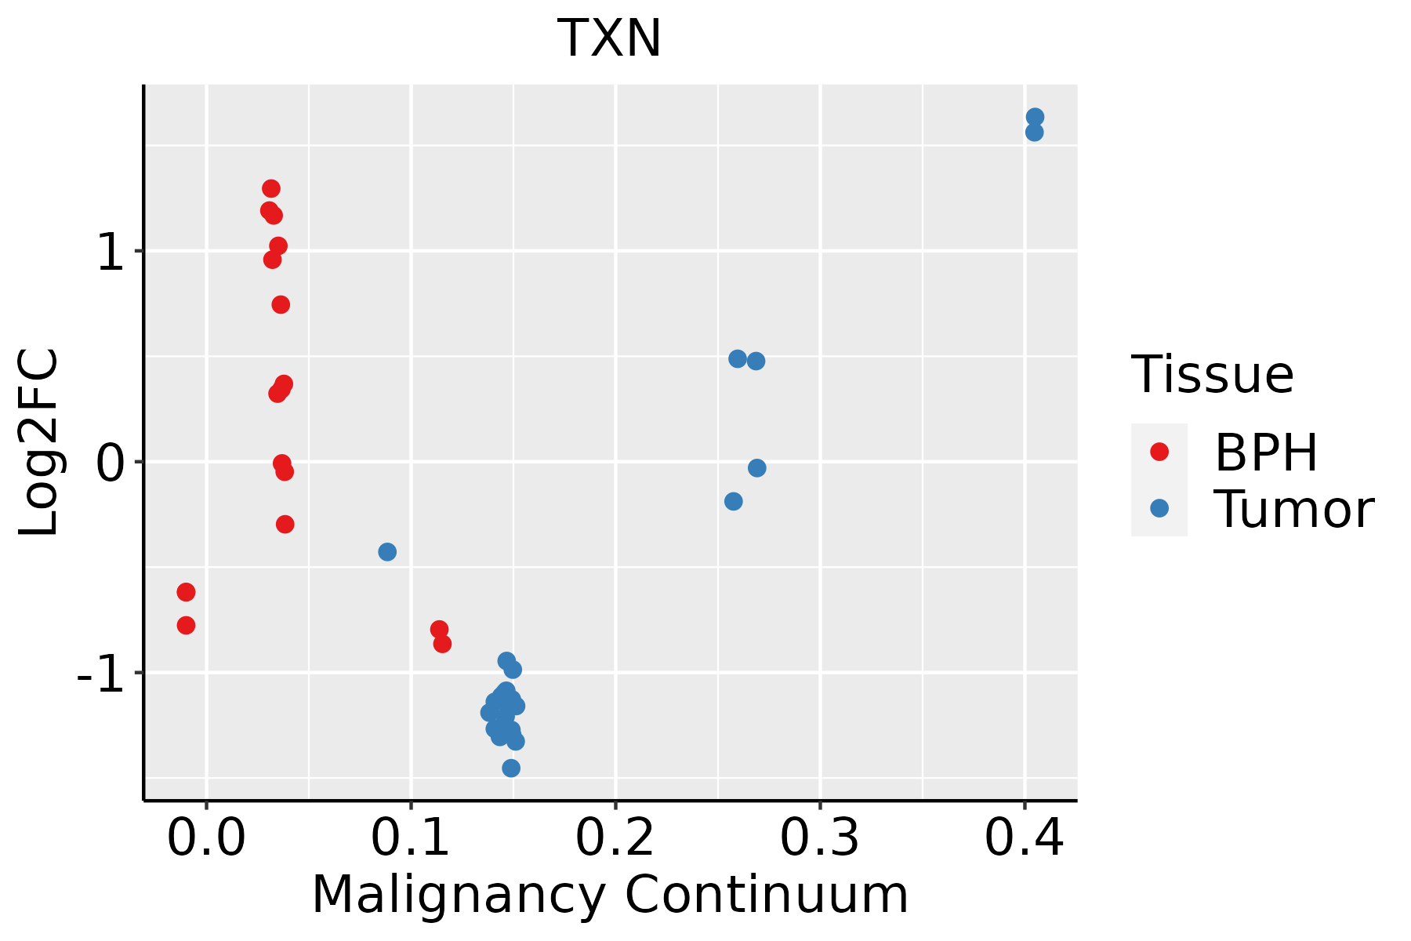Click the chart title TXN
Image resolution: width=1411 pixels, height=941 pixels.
tap(609, 39)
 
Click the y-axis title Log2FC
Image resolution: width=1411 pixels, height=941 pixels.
tap(39, 443)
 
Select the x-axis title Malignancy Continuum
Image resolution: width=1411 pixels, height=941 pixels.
tap(610, 896)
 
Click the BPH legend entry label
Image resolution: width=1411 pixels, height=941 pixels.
tap(1266, 452)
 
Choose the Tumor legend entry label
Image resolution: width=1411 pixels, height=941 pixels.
tap(1293, 510)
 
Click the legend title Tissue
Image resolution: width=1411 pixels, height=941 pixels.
tap(1212, 375)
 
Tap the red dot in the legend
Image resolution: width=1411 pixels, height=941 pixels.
tap(1159, 452)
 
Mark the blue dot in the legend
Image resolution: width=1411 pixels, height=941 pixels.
tap(1159, 508)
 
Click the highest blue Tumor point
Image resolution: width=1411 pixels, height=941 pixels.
tap(1035, 117)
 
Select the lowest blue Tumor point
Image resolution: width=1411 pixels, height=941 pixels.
tap(511, 768)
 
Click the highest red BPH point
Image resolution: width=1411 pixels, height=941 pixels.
tap(271, 189)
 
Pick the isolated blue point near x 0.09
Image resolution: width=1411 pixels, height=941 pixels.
tap(387, 552)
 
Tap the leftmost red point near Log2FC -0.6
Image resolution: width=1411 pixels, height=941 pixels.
tap(186, 592)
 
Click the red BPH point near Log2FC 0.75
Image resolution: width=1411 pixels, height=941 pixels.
tap(281, 305)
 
